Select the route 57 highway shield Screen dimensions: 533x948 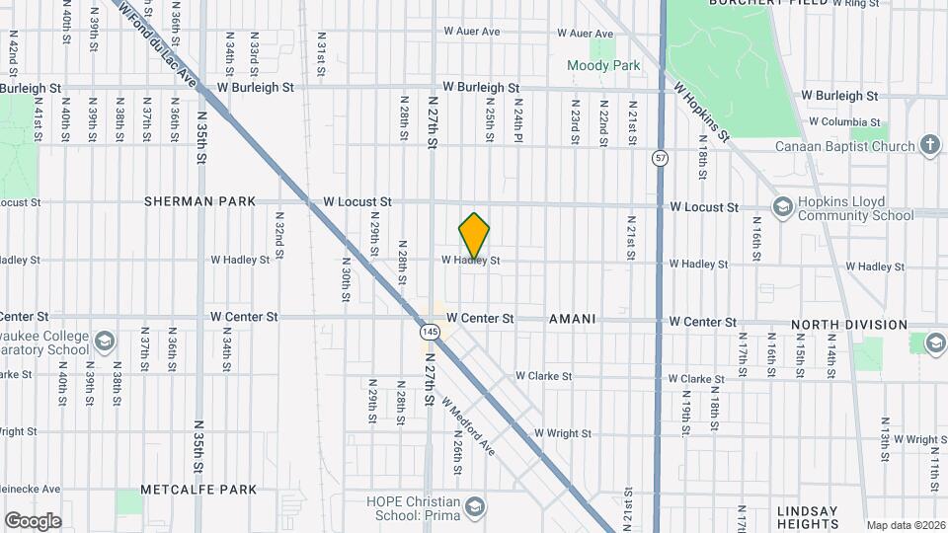click(660, 158)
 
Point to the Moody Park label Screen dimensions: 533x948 click(603, 66)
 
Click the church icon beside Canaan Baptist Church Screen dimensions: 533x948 click(929, 146)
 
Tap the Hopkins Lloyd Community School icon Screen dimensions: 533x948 click(783, 206)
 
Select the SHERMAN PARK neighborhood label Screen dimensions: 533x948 click(199, 201)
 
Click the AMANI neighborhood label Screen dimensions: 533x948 click(572, 319)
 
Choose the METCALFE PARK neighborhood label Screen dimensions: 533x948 click(198, 490)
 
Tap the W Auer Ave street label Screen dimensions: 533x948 click(472, 32)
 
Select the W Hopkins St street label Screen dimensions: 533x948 click(702, 111)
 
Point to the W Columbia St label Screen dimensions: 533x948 click(844, 121)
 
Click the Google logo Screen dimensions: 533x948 click(33, 521)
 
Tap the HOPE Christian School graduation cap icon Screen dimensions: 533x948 click(475, 507)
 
